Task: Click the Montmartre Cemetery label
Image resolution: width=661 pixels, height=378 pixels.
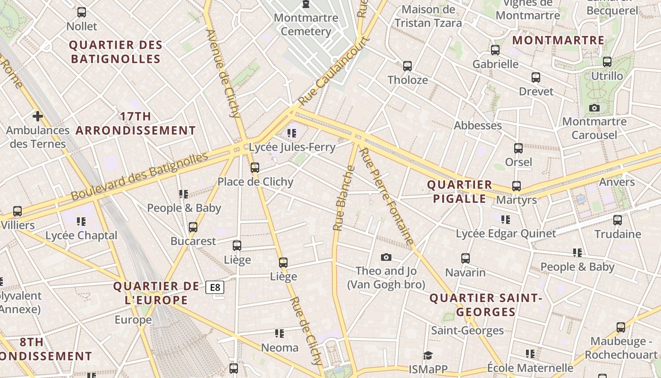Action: [x=305, y=25]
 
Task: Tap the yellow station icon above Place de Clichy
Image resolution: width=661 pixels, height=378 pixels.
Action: [x=255, y=167]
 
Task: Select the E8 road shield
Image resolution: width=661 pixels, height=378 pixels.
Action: [x=215, y=287]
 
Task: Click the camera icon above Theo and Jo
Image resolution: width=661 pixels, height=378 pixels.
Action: [x=386, y=257]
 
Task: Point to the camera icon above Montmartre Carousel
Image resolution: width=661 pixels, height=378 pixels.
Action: [x=594, y=108]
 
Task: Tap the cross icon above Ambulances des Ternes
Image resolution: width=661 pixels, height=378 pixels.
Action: [x=37, y=116]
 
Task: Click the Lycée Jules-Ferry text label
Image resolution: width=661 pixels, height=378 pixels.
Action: [x=292, y=147]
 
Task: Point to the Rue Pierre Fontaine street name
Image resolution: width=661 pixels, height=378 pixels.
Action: [x=387, y=196]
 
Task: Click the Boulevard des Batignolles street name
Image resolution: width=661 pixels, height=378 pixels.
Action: [x=139, y=176]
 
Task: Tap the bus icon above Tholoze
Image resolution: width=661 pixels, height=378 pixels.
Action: [x=407, y=66]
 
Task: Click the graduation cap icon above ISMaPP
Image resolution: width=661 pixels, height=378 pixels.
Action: [x=428, y=355]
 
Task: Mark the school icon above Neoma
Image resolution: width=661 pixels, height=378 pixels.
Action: [x=280, y=334]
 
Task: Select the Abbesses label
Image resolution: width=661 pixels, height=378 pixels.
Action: [x=478, y=126]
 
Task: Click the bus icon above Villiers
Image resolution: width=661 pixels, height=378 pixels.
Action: [x=17, y=211]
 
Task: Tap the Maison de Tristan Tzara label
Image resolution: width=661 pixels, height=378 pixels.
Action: [x=428, y=16]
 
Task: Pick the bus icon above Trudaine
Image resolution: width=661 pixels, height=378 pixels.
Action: [x=618, y=220]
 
